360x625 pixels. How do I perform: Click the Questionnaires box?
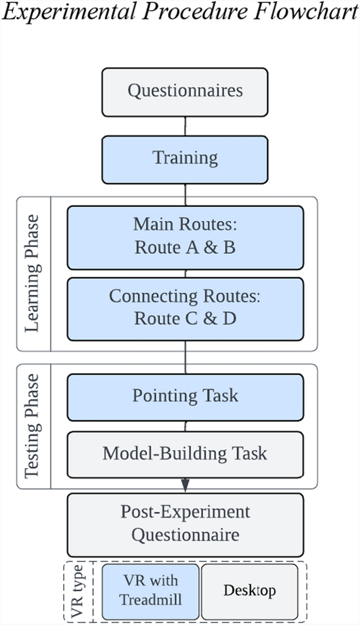coord(184,92)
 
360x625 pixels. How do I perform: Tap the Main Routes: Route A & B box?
coord(185,237)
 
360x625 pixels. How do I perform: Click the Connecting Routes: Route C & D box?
coord(185,309)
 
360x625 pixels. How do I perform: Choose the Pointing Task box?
coord(185,397)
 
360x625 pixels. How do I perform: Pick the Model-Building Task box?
coord(185,454)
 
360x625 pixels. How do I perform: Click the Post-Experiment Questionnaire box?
coord(185,525)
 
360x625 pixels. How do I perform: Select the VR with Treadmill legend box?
coord(150,591)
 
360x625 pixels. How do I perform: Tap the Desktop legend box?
coord(250,591)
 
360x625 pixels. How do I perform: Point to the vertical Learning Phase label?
coord(33,273)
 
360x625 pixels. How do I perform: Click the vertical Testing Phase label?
coord(33,426)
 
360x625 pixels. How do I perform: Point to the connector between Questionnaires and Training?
coord(185,126)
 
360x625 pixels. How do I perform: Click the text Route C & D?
coord(185,319)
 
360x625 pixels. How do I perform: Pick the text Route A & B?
coord(185,247)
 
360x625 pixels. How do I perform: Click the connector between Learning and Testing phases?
coord(185,357)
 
